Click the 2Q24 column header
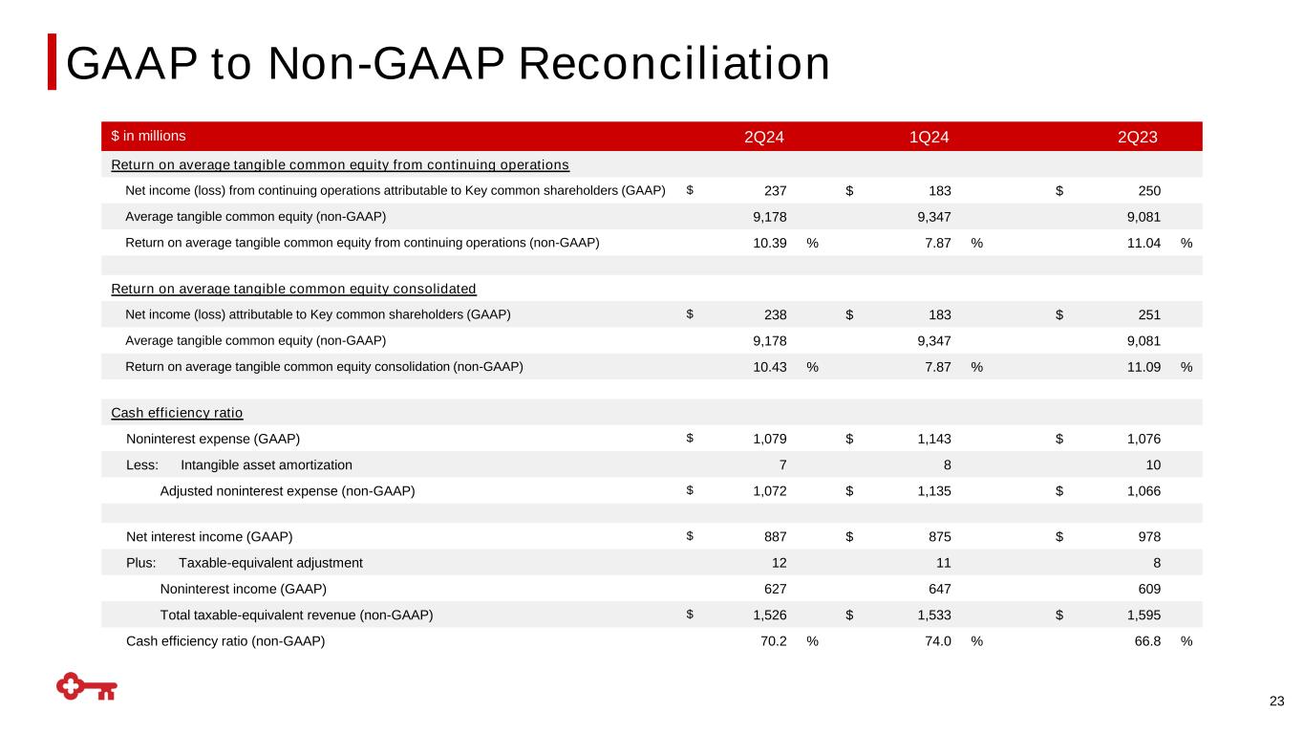[764, 137]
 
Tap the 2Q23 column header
[1138, 137]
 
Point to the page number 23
[1276, 702]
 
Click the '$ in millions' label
[149, 136]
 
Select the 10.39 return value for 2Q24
[770, 243]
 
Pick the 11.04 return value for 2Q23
[1143, 243]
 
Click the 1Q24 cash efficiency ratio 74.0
[933, 641]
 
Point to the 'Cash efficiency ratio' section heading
[177, 413]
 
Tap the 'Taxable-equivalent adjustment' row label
[270, 563]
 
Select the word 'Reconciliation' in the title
[673, 63]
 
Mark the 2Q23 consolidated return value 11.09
[1143, 366]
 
